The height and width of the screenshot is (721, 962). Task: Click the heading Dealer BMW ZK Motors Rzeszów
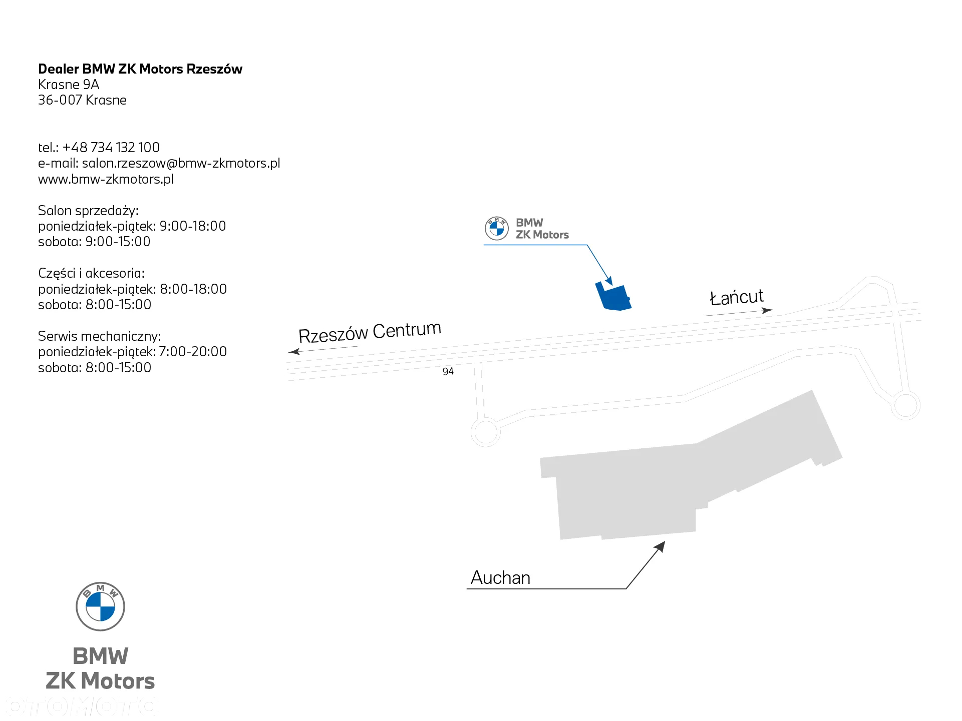[x=140, y=69]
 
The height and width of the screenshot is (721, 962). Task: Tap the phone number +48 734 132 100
[x=111, y=148]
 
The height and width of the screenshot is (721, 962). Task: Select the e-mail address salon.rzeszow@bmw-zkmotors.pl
[x=181, y=163]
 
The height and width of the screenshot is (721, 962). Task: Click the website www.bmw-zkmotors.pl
[x=106, y=179]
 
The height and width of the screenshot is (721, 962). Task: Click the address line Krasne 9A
[x=69, y=85]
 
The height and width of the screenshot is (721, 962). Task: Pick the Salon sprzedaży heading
[x=88, y=211]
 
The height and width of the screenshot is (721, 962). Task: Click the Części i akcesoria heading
[x=91, y=273]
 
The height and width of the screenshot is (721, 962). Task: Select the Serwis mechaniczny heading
[x=100, y=336]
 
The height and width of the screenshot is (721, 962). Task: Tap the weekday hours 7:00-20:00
[x=193, y=352]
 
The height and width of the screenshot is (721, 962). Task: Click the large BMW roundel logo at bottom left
[x=100, y=606]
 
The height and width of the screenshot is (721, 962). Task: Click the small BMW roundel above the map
[x=497, y=229]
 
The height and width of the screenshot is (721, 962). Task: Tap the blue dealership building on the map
[x=613, y=297]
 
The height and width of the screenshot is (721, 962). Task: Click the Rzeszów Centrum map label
[x=370, y=332]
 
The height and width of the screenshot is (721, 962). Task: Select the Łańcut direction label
[x=737, y=297]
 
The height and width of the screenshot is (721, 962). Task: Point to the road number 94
[x=448, y=371]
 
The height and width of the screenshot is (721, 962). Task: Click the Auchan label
[x=500, y=578]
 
